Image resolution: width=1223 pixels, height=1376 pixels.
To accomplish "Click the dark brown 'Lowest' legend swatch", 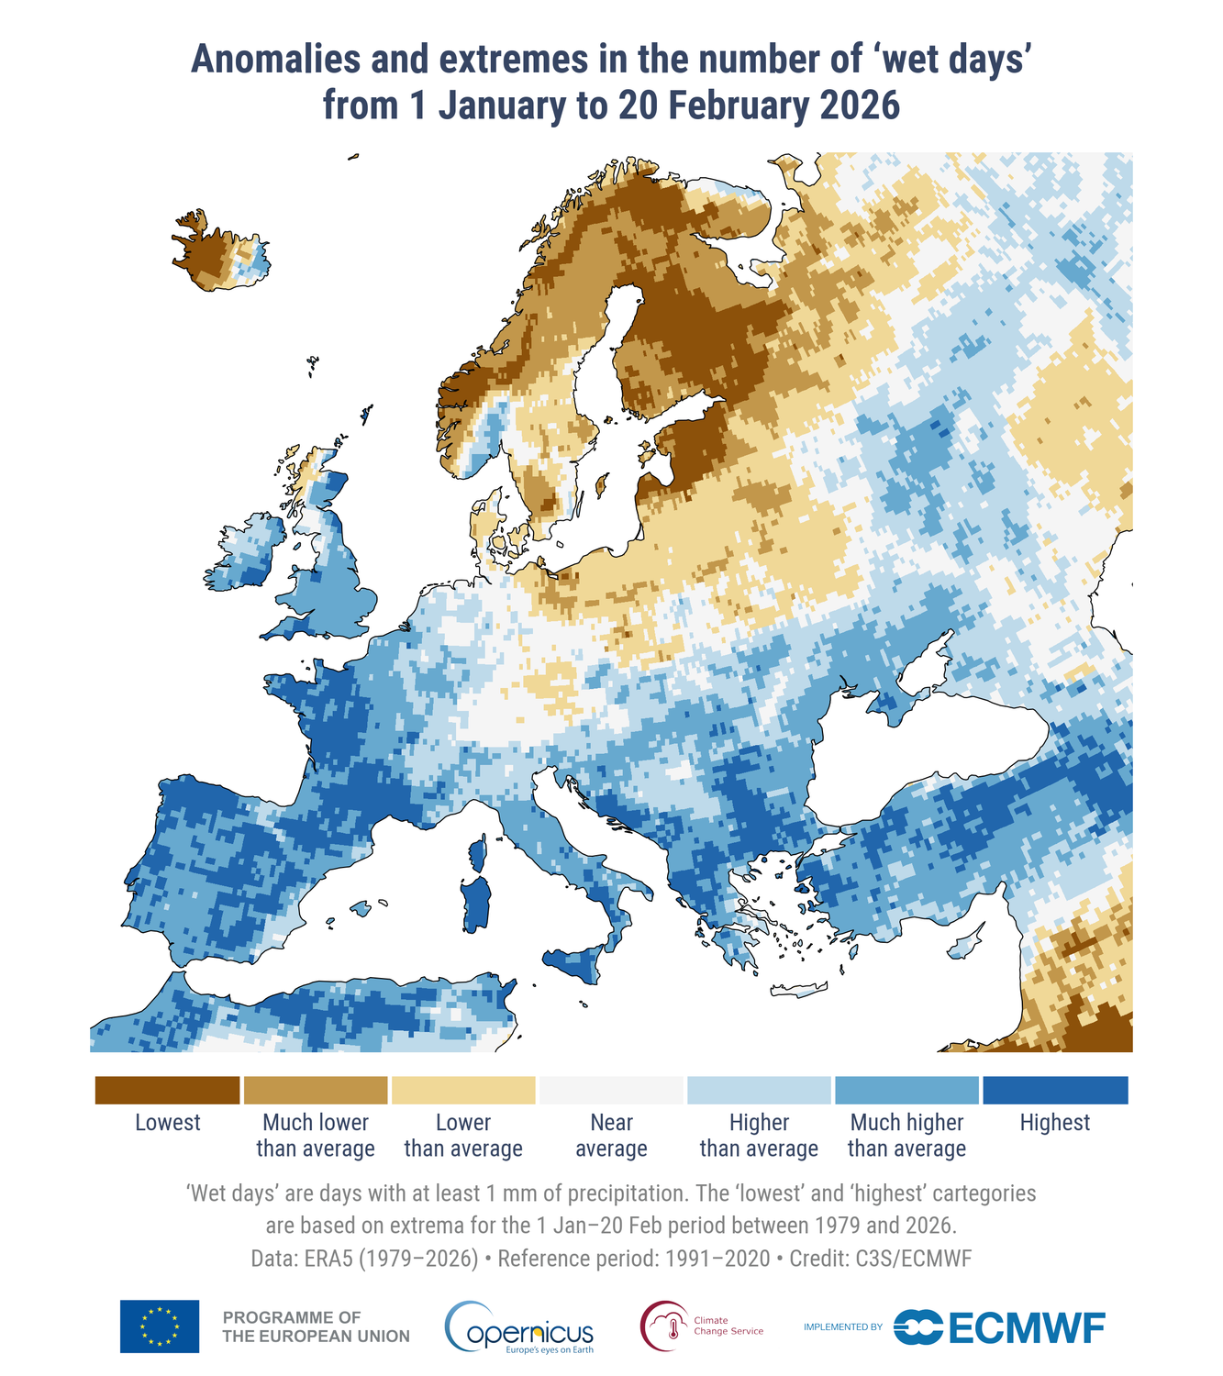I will coord(167,1091).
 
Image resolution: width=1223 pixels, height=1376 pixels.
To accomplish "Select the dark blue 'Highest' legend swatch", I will coord(1055,1091).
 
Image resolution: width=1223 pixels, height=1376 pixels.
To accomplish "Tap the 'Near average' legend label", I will coord(611,1136).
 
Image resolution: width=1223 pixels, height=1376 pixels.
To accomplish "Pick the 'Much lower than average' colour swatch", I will coord(316,1091).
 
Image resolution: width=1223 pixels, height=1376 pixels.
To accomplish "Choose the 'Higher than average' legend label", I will coord(759,1136).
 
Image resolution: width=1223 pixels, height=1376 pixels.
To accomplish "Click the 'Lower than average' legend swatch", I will coord(463,1091).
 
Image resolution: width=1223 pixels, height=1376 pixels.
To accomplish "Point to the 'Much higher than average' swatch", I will coord(906,1091).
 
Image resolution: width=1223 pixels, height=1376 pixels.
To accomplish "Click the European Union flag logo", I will coord(160,1326).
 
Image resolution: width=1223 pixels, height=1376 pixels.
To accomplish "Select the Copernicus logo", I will coord(519,1327).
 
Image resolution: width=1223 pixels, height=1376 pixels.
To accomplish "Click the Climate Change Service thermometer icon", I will coord(665,1326).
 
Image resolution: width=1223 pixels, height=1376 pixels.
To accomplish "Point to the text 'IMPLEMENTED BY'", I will coord(842,1327).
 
